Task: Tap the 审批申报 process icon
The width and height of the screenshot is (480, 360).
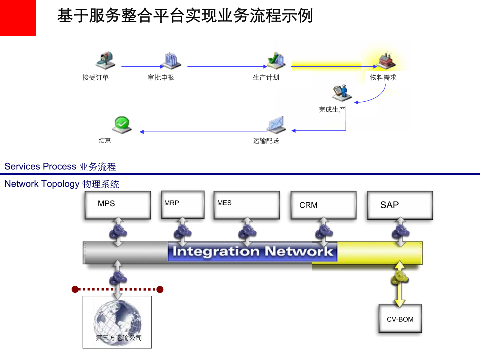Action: (x=171, y=60)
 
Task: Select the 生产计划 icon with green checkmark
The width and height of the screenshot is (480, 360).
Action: (x=275, y=60)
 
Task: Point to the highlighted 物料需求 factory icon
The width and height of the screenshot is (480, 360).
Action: (x=385, y=60)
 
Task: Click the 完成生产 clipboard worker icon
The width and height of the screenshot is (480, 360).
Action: (x=340, y=91)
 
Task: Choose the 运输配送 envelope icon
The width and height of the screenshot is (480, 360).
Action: (x=275, y=124)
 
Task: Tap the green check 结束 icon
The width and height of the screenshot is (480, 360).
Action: (x=122, y=124)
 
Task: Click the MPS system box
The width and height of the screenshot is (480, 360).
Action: (x=117, y=204)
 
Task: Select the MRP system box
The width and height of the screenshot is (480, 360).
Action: (x=182, y=204)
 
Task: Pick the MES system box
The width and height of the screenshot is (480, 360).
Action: (x=246, y=205)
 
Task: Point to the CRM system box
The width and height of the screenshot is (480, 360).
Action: (x=323, y=205)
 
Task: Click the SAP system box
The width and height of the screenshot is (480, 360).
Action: (x=399, y=205)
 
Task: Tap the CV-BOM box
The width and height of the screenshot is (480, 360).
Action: (x=400, y=319)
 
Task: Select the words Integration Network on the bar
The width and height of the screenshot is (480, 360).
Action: (x=252, y=251)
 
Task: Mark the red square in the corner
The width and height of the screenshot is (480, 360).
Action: (x=18, y=18)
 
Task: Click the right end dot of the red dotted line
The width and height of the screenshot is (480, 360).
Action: (x=160, y=289)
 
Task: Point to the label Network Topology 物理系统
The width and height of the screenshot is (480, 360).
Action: (x=62, y=184)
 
